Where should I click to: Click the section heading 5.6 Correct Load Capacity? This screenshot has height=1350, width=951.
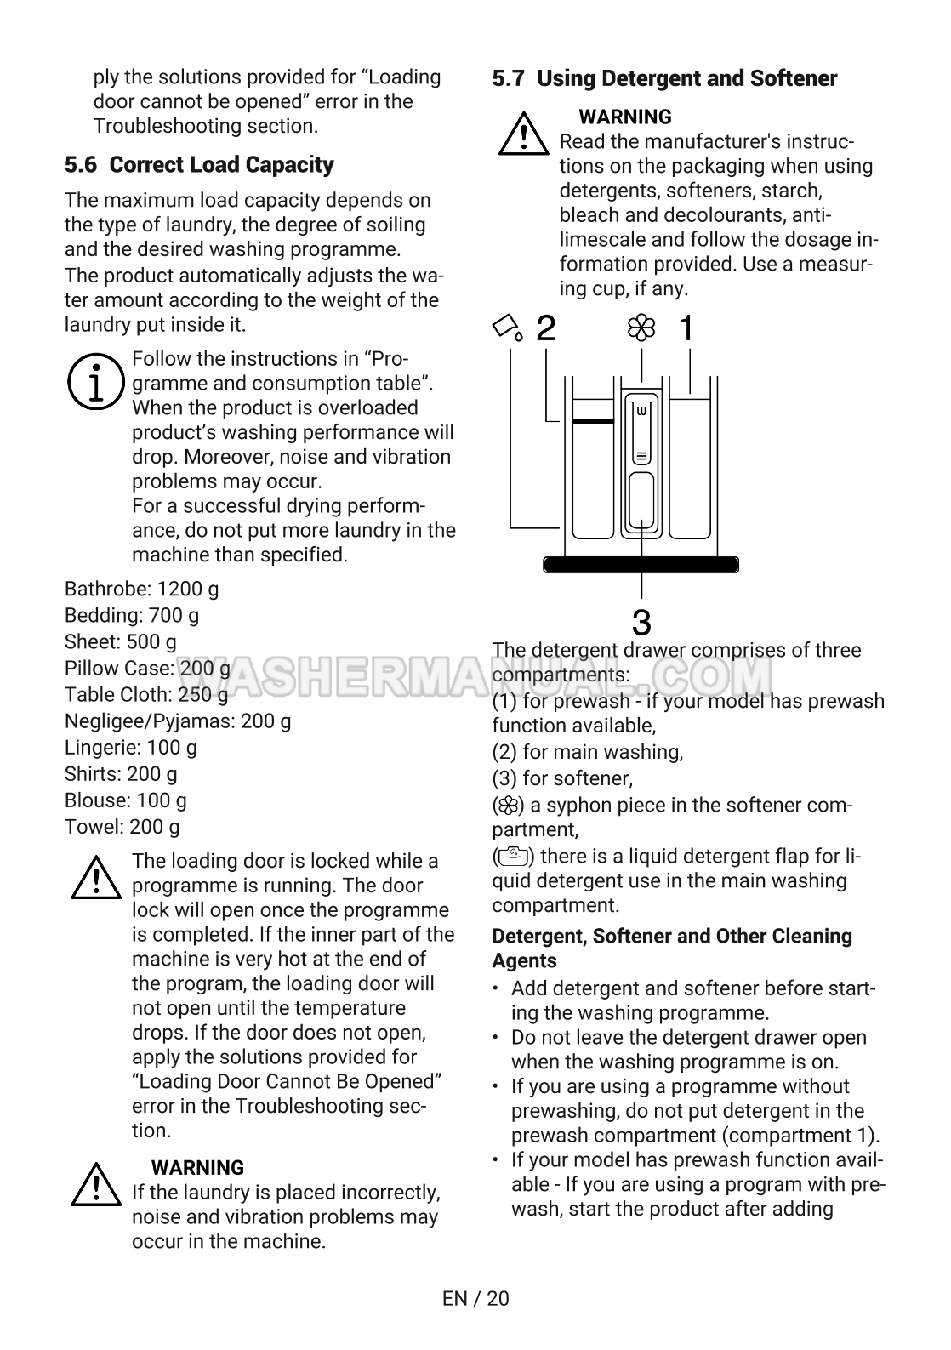tap(199, 164)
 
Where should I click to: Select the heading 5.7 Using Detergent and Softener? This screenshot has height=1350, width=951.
tap(664, 78)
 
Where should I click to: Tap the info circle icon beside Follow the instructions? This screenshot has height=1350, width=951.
tap(94, 382)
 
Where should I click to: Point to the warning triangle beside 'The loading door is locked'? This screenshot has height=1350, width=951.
tap(96, 878)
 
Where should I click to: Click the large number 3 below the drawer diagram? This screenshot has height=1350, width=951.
tap(641, 623)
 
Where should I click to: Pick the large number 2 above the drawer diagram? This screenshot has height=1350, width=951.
tap(546, 328)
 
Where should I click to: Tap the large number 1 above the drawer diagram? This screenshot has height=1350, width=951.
tap(686, 328)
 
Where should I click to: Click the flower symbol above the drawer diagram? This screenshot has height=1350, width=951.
tap(641, 328)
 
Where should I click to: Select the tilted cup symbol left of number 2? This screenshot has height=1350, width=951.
tap(508, 328)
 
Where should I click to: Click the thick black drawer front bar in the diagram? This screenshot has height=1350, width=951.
tap(641, 565)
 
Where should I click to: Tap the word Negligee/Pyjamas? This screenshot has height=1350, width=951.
tap(149, 721)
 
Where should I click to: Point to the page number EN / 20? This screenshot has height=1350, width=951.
tap(475, 1298)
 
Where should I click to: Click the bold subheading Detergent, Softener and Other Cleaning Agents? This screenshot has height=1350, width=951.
tap(671, 948)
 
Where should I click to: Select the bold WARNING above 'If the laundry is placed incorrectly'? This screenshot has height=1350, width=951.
tap(197, 1167)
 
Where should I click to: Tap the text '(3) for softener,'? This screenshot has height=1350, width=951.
tap(562, 778)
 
